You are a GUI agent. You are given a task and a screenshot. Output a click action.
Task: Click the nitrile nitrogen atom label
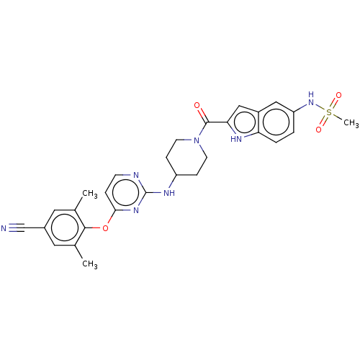[4, 228]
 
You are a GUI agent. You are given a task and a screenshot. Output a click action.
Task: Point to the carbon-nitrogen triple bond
[17, 228]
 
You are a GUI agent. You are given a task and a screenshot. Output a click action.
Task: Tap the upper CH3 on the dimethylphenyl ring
[90, 194]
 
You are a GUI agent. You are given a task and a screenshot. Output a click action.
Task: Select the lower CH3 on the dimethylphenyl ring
[90, 264]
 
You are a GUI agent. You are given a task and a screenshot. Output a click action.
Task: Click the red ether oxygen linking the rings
[105, 228]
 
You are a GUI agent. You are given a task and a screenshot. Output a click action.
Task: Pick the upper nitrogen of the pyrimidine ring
[136, 175]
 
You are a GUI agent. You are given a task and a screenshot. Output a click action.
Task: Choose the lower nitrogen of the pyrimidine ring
[136, 210]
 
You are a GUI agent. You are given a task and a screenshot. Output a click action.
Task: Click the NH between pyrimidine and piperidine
[169, 193]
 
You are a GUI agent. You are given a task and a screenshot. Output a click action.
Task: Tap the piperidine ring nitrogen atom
[197, 140]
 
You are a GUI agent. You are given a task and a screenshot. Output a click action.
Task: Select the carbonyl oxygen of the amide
[197, 105]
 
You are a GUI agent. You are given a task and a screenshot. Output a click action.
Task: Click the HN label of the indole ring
[236, 139]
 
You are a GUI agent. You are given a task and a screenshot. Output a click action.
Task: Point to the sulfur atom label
[329, 112]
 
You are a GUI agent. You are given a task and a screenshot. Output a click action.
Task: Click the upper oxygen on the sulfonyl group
[338, 95]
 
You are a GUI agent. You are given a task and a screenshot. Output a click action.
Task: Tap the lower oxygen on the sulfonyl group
[319, 130]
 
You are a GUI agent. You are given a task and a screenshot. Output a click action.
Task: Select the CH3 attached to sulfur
[351, 123]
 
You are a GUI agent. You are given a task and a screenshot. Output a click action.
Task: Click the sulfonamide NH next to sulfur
[311, 99]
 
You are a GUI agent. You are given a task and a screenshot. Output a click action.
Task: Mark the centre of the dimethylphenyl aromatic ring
[65, 228]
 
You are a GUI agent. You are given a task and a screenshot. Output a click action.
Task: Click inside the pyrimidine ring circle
[125, 193]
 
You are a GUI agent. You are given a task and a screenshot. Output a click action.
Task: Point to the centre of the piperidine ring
[186, 158]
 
